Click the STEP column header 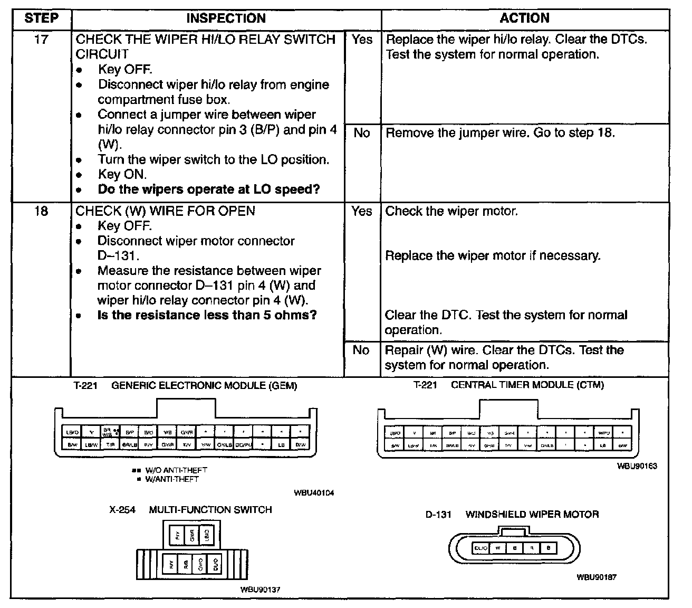click(x=41, y=18)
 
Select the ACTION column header click(x=524, y=18)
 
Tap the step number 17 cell click(x=41, y=40)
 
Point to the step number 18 click(x=41, y=211)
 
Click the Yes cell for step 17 click(x=362, y=40)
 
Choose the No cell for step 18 click(x=361, y=350)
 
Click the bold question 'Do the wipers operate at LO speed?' click(x=209, y=189)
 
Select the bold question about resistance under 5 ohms click(x=207, y=316)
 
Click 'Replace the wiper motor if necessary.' click(x=493, y=256)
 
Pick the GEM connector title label click(x=204, y=386)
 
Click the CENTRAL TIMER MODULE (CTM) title click(x=527, y=385)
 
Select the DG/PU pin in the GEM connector click(x=243, y=445)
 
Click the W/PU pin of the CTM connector click(x=604, y=433)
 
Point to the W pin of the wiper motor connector click(x=497, y=548)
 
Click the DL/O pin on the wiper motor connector click(x=480, y=548)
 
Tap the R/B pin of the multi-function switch click(x=186, y=565)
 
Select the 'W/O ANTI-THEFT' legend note click(x=170, y=470)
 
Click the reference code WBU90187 click(x=596, y=577)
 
